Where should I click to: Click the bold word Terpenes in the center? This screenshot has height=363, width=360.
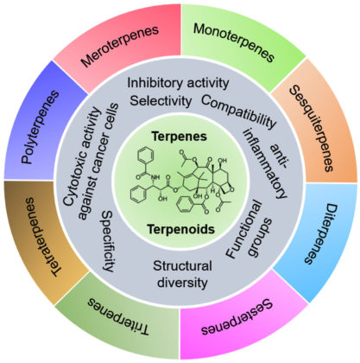click(180, 137)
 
